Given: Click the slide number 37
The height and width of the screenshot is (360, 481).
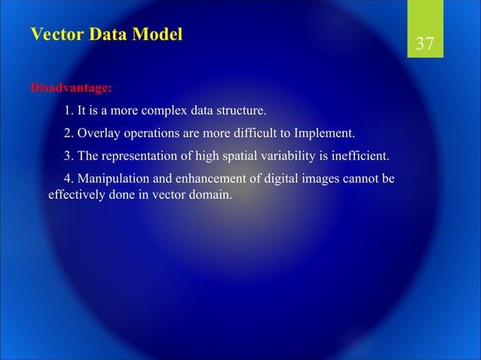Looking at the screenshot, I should [x=425, y=44].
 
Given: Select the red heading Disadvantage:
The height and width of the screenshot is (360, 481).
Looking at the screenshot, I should [x=71, y=88].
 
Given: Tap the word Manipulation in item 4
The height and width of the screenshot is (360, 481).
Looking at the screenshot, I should [x=113, y=179].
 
